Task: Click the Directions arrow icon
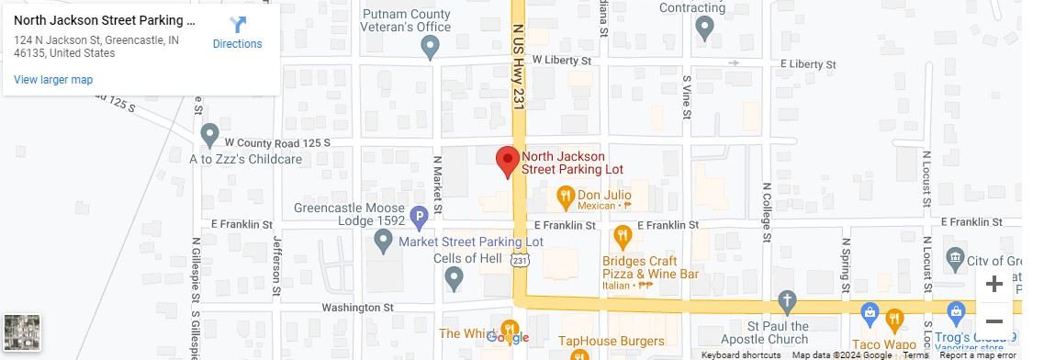(238, 25)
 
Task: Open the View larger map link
(53, 80)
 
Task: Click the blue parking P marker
(419, 219)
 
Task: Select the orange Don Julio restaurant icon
(566, 196)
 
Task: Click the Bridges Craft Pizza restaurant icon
(622, 236)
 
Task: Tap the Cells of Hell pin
(454, 278)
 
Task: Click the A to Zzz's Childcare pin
(210, 135)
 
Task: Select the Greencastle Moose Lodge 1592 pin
(384, 242)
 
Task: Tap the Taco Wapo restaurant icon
(894, 319)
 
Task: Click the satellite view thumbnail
(21, 332)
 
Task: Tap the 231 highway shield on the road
(520, 262)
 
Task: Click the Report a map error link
(978, 354)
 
